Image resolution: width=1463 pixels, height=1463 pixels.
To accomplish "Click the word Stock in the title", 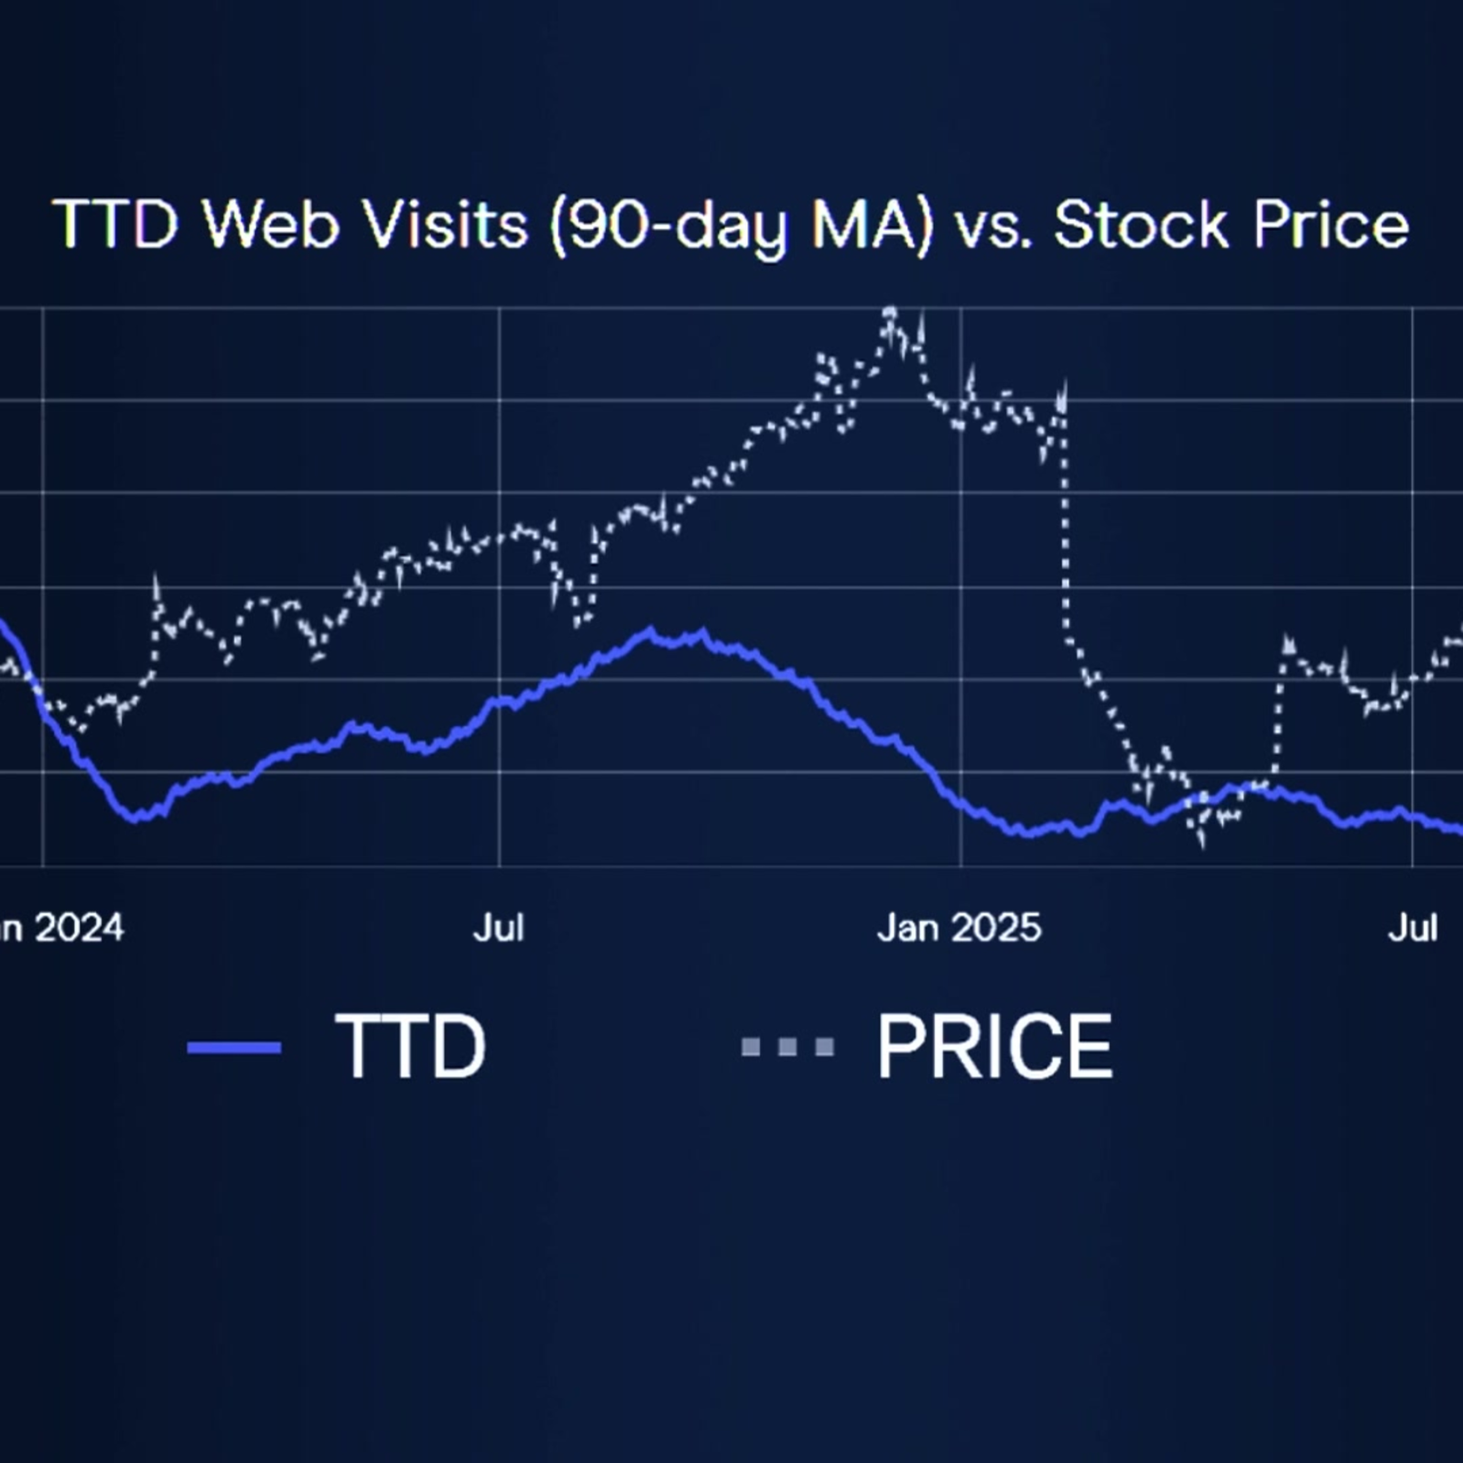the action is (x=1141, y=224).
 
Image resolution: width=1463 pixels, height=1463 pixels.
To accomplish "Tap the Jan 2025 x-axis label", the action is (x=959, y=928).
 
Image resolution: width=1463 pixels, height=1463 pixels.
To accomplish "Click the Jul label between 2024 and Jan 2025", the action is (x=498, y=928).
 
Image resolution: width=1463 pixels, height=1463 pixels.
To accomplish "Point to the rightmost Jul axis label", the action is (x=1412, y=928).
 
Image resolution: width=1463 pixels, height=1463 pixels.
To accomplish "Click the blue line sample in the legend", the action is (x=234, y=1048).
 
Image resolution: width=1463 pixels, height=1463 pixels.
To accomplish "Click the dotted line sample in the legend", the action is (x=788, y=1048).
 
